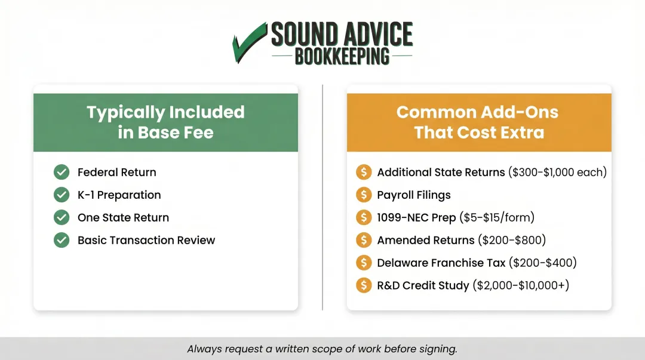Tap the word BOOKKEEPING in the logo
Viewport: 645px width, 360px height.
point(342,57)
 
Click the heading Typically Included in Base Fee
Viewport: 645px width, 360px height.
point(165,122)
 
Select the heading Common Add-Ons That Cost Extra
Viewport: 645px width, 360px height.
point(478,122)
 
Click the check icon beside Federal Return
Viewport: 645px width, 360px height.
point(62,173)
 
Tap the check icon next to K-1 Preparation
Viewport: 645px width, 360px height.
point(62,195)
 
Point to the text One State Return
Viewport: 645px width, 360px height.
point(123,218)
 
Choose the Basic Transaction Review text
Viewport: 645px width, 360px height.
point(146,241)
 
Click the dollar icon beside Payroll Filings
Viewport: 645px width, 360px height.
point(363,195)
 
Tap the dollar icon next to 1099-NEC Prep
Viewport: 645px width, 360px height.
point(363,218)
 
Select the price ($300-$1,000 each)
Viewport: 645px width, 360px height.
point(557,173)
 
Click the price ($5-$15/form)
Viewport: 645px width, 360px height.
point(497,218)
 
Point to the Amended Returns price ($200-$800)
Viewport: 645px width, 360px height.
point(512,241)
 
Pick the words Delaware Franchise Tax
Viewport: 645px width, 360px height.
point(441,263)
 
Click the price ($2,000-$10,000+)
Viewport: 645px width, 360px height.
point(521,286)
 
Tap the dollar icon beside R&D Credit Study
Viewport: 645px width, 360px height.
point(363,286)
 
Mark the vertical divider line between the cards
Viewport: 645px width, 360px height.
point(322,197)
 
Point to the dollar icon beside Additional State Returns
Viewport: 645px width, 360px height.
point(363,173)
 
